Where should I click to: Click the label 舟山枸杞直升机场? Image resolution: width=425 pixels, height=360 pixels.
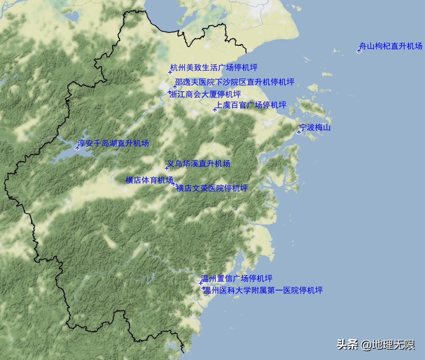click(391, 46)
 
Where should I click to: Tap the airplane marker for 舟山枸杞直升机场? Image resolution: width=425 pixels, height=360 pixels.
click(359, 51)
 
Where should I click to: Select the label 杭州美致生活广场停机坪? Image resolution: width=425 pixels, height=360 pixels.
click(214, 67)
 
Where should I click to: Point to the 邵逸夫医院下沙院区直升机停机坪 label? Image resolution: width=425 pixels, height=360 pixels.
click(235, 82)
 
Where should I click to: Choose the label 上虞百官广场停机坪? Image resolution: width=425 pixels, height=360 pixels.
click(251, 105)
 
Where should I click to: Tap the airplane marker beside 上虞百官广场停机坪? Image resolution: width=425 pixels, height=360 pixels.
click(215, 109)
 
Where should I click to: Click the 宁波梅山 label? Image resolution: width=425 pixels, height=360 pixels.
click(315, 128)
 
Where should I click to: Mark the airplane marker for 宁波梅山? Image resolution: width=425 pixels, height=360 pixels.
click(299, 132)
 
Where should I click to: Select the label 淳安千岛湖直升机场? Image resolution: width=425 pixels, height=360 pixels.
click(113, 143)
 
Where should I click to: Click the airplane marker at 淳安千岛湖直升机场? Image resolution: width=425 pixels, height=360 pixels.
click(77, 148)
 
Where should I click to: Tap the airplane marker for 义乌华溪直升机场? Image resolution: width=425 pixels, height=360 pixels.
click(167, 168)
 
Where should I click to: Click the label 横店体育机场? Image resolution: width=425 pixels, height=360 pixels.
click(149, 180)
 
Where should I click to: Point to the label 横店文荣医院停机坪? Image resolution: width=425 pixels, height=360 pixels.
click(212, 188)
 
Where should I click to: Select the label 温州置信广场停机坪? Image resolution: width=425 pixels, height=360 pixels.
click(237, 278)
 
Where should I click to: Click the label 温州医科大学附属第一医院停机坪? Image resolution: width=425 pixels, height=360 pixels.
click(263, 290)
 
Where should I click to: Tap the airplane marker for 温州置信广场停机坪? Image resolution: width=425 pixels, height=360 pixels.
click(201, 283)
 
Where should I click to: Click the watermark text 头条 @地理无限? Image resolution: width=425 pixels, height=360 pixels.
click(376, 344)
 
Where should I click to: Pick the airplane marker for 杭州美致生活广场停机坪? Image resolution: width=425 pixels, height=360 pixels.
click(170, 72)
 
